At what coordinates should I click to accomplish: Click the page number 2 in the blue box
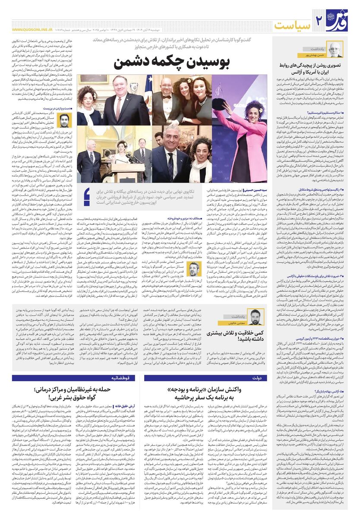pyautogui.click(x=320, y=21)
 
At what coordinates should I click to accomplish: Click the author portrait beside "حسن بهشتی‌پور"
pyautogui.click(x=336, y=50)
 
